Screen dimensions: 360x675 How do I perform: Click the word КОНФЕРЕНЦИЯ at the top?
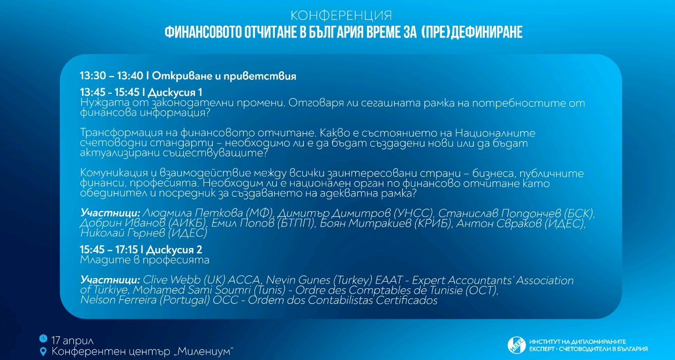click(341, 14)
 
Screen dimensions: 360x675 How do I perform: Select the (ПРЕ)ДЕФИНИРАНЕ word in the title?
click(471, 32)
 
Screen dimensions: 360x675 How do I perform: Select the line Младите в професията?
click(145, 260)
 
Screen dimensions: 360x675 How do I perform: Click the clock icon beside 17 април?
click(43, 339)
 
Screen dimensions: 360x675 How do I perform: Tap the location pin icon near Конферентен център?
click(43, 351)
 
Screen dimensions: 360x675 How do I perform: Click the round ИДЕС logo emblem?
click(516, 345)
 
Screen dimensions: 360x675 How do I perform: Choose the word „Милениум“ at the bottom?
click(204, 351)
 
